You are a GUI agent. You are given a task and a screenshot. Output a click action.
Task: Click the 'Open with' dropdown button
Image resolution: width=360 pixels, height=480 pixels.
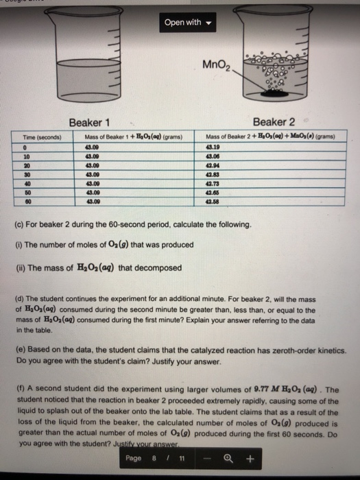[x=187, y=22]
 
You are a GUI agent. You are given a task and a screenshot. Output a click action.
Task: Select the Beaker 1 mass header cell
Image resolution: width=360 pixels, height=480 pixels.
[x=134, y=137]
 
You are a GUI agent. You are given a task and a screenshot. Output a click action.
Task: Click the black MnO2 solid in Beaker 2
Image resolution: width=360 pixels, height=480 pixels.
[x=278, y=94]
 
